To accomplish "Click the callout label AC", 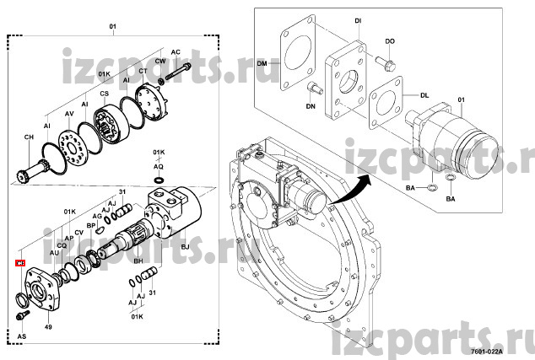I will point(176,51).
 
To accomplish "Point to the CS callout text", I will point(105,94).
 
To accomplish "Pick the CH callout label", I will point(29,137).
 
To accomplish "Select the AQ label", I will point(158,167).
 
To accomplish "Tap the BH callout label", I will point(139,262).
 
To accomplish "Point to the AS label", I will point(21,336).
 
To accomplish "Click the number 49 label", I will point(48,327).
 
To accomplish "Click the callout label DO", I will point(390,40).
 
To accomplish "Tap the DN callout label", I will point(311,106).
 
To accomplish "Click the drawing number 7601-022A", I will point(486,351).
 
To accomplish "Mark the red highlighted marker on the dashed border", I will point(20,264).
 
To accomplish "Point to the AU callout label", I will point(53,252).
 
